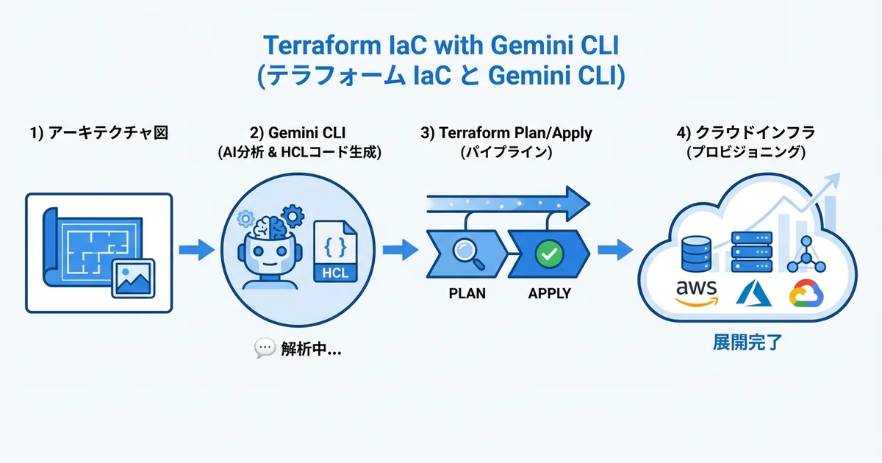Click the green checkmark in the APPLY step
pos(548,254)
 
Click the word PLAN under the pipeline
pos(467,293)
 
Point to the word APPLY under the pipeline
pos(549,293)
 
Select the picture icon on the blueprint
pos(132,277)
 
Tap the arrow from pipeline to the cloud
pos(614,250)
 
